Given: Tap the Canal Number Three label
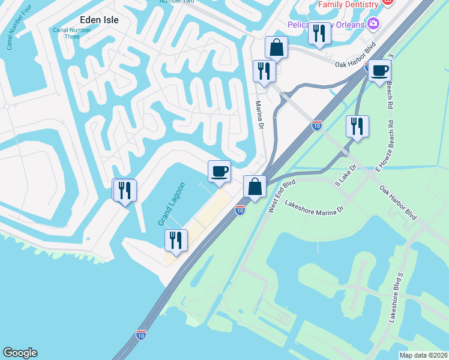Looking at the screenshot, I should click(x=71, y=33).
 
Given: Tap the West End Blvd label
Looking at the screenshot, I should click(x=282, y=196).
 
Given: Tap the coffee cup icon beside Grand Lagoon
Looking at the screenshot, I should click(x=219, y=171).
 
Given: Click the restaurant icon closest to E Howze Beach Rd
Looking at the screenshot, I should click(x=357, y=126).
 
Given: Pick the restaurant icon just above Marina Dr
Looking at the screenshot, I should click(x=264, y=71).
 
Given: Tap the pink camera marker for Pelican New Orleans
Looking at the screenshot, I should click(x=374, y=24).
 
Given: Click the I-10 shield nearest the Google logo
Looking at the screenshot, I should click(x=142, y=332).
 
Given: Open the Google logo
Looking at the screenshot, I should click(x=20, y=353).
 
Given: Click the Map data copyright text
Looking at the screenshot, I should click(x=423, y=355).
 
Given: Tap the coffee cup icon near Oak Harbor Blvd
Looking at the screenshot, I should click(x=379, y=71).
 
